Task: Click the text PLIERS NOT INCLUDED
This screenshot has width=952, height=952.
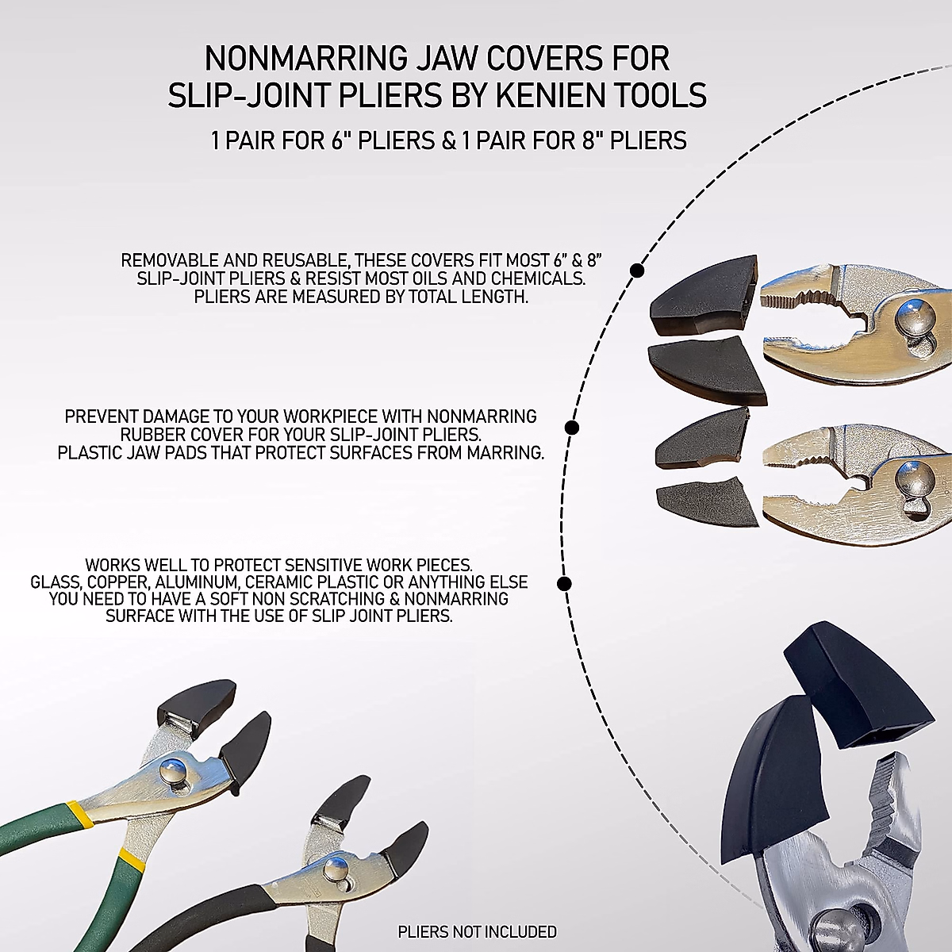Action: (x=477, y=931)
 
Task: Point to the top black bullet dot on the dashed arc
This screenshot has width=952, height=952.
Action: (x=636, y=271)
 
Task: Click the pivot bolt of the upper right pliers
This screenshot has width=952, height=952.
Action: (x=914, y=317)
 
